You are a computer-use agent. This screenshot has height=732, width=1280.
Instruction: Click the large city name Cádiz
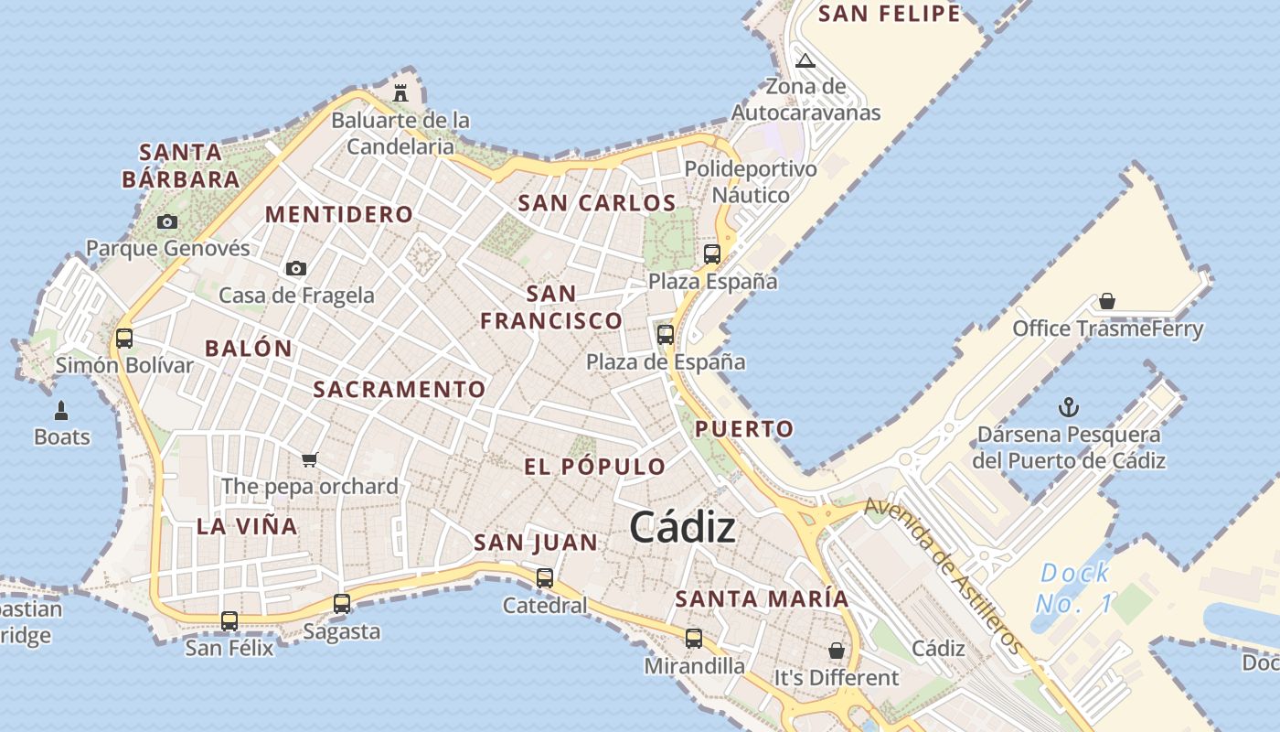coord(682,528)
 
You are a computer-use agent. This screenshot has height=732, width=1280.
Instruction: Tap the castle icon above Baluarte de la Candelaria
coord(400,92)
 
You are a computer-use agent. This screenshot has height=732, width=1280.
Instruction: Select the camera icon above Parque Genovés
coord(166,221)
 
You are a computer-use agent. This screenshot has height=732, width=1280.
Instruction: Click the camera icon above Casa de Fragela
coord(295,268)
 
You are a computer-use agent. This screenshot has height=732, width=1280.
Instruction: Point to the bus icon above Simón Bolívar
coord(124,339)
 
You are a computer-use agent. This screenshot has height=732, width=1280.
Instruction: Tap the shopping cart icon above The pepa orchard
coord(310,459)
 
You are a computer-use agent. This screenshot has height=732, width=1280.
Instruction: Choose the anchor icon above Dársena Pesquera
coord(1068,407)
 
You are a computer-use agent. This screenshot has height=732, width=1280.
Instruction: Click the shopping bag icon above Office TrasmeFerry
coord(1107,301)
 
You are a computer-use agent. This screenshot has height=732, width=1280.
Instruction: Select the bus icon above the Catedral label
coord(545,578)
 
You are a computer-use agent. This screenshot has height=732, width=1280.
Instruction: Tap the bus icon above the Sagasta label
coord(342,604)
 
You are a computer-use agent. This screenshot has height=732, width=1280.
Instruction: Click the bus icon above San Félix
coord(229,621)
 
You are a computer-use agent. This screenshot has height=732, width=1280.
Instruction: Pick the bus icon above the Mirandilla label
coord(694,639)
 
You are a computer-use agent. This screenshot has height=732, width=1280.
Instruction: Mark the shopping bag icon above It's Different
coord(836,651)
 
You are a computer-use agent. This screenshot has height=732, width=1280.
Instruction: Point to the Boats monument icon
coord(62,410)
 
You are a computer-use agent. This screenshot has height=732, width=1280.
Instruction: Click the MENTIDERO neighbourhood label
coord(339,215)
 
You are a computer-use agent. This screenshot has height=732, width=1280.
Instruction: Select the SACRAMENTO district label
coord(400,390)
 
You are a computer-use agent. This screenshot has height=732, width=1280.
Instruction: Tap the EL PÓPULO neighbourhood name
coord(595,467)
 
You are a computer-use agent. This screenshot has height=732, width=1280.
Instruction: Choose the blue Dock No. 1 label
coord(1075,588)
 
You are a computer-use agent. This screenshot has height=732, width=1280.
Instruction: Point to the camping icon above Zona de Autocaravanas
coord(805,61)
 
